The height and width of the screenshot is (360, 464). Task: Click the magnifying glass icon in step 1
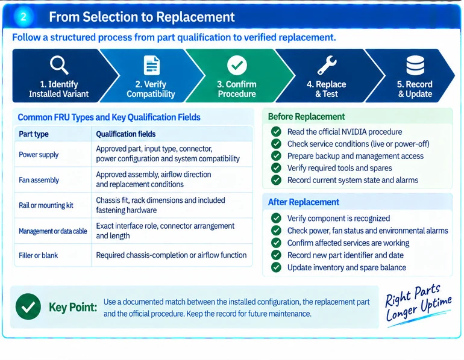click(59, 66)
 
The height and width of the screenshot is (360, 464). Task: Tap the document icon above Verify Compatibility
click(151, 65)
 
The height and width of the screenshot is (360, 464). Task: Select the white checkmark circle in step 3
click(237, 65)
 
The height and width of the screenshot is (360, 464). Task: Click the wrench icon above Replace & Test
click(327, 65)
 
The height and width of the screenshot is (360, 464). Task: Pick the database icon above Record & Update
click(415, 65)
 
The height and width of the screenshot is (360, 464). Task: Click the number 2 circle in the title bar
click(24, 17)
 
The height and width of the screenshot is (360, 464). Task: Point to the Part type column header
click(34, 134)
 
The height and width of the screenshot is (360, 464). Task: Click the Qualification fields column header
click(126, 134)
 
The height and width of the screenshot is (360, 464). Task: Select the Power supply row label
click(39, 155)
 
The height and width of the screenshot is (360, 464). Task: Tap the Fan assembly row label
click(39, 180)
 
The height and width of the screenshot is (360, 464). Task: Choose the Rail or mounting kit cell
click(46, 205)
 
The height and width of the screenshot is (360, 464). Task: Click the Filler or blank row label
click(38, 255)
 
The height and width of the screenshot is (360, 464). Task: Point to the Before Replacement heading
click(306, 116)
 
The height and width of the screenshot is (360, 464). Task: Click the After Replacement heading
click(304, 202)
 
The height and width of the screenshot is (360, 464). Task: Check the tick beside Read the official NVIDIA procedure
click(276, 131)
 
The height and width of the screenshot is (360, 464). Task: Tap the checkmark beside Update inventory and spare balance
click(276, 267)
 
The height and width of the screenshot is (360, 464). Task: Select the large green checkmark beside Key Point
click(28, 306)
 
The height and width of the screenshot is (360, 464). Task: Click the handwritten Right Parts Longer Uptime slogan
click(418, 305)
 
